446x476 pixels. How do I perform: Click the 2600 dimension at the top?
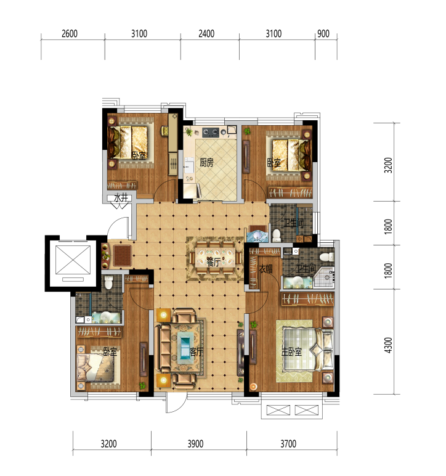tap(70, 33)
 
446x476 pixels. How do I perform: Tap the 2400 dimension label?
tap(206, 33)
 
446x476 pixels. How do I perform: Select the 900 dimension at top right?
tap(323, 33)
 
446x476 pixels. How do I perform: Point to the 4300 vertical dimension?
tap(388, 345)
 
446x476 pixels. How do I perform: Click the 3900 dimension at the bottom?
tap(195, 444)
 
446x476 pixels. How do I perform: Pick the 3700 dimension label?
tap(288, 444)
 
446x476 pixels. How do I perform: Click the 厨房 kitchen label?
tap(206, 162)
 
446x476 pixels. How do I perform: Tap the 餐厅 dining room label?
tap(213, 261)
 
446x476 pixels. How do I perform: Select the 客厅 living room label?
tap(197, 351)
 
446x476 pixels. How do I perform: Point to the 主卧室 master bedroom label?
tap(291, 351)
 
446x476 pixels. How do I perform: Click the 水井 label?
tap(121, 198)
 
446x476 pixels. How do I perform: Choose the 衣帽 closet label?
tap(266, 269)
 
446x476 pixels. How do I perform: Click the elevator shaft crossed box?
tap(73, 260)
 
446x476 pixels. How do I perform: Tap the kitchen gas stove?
tap(211, 132)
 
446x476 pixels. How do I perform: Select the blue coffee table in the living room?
tap(185, 347)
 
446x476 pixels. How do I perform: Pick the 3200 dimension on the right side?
tap(388, 165)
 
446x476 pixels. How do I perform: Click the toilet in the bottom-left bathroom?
tap(108, 282)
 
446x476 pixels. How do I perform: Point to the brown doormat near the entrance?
tap(123, 255)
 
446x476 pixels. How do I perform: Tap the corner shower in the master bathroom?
tap(324, 277)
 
